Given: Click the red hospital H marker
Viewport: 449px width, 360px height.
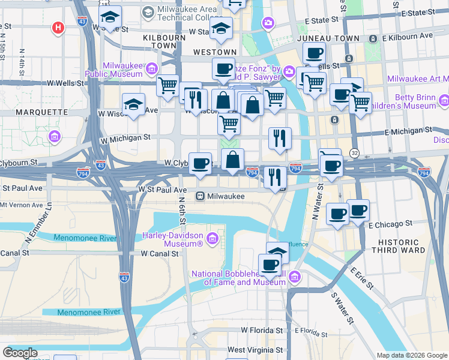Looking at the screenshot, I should [58, 28].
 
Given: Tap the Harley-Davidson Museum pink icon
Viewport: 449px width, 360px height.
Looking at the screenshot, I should [211, 240].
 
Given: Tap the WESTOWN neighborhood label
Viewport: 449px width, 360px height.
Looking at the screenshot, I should [215, 52].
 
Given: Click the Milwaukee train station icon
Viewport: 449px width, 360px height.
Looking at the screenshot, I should [200, 196].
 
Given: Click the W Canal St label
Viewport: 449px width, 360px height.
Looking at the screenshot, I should [160, 254].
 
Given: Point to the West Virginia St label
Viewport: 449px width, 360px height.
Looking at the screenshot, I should [255, 350].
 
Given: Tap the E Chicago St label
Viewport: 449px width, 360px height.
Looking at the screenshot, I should [391, 224].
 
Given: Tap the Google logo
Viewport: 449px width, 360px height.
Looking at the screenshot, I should [20, 353].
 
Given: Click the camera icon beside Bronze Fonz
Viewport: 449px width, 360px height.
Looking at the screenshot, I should [289, 72].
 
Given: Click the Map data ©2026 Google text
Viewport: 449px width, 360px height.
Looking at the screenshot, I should [411, 355].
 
